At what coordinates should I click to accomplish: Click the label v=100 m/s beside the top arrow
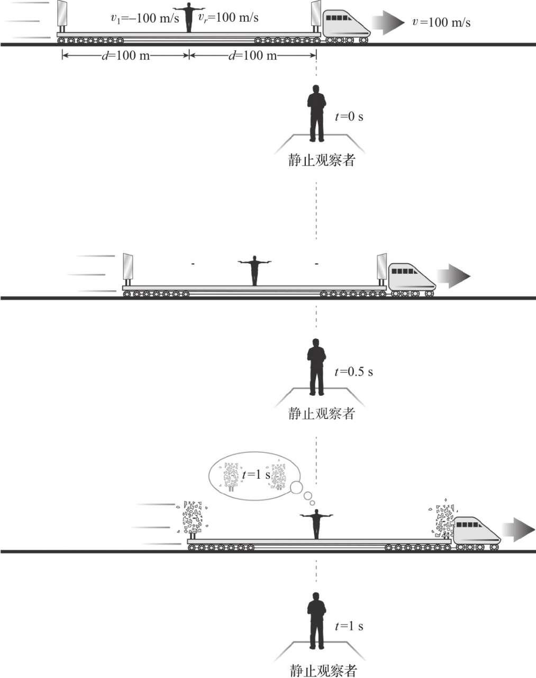coord(437,22)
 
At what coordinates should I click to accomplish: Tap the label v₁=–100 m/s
coord(145,18)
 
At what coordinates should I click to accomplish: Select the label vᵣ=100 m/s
coord(229,17)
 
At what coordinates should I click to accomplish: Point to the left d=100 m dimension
coord(125,56)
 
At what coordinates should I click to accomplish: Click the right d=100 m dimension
coord(252,56)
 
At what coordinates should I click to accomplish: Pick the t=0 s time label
coord(349,117)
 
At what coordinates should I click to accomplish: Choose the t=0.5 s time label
coord(353,371)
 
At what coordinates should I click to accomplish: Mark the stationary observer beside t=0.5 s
coord(316,367)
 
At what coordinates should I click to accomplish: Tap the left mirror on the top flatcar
coord(62,16)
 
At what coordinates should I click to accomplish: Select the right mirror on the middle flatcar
coord(381,268)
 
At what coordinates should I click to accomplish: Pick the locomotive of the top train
coord(345,24)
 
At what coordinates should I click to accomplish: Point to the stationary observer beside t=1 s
coord(316,621)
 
